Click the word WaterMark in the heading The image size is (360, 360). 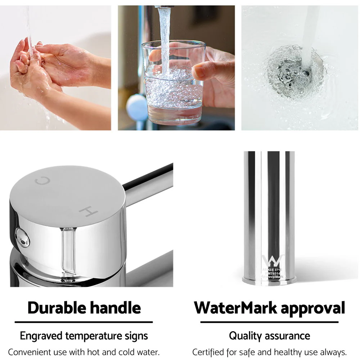pyautogui.click(x=235, y=308)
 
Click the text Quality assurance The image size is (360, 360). pyautogui.click(x=269, y=336)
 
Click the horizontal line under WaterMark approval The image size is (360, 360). pyautogui.click(x=269, y=322)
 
